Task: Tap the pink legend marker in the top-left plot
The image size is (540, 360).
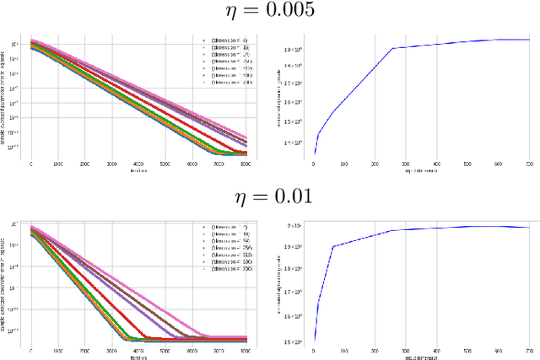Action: point(203,83)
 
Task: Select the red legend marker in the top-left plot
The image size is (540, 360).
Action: point(203,62)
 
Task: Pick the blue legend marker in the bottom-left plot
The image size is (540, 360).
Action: point(203,228)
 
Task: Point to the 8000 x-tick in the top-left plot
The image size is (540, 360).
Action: point(246,164)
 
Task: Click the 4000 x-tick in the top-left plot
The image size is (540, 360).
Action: point(138,164)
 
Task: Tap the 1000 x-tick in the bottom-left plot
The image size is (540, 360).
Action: point(58,348)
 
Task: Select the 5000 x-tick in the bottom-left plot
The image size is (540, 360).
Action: point(165,348)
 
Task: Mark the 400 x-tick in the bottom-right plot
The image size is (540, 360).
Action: point(435,348)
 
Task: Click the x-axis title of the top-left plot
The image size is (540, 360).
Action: point(138,171)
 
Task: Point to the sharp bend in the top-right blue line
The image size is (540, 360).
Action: point(392,48)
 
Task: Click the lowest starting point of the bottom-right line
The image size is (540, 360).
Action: point(315,341)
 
